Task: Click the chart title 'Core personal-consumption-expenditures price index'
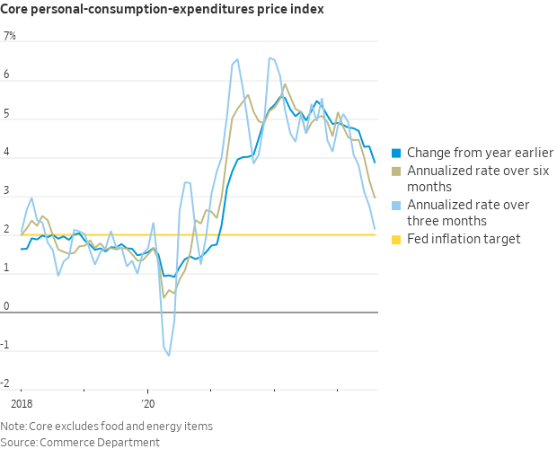click(x=162, y=10)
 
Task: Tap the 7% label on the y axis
click(x=10, y=37)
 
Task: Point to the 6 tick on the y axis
click(x=7, y=75)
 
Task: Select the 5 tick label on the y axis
click(x=7, y=114)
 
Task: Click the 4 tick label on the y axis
click(x=7, y=153)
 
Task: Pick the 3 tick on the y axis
click(x=7, y=191)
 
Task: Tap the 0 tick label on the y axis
click(x=7, y=306)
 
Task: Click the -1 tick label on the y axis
click(x=8, y=345)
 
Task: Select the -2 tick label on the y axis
click(x=8, y=383)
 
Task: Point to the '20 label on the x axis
click(x=149, y=404)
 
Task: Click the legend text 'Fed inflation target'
click(x=463, y=238)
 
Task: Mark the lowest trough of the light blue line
click(x=168, y=356)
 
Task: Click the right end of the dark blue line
click(x=375, y=163)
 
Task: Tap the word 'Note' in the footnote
click(x=13, y=426)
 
